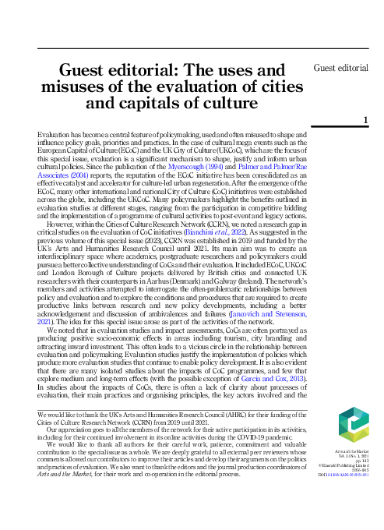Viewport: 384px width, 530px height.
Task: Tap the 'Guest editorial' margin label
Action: pyautogui.click(x=341, y=69)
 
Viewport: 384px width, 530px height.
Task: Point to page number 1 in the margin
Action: pyautogui.click(x=365, y=118)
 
